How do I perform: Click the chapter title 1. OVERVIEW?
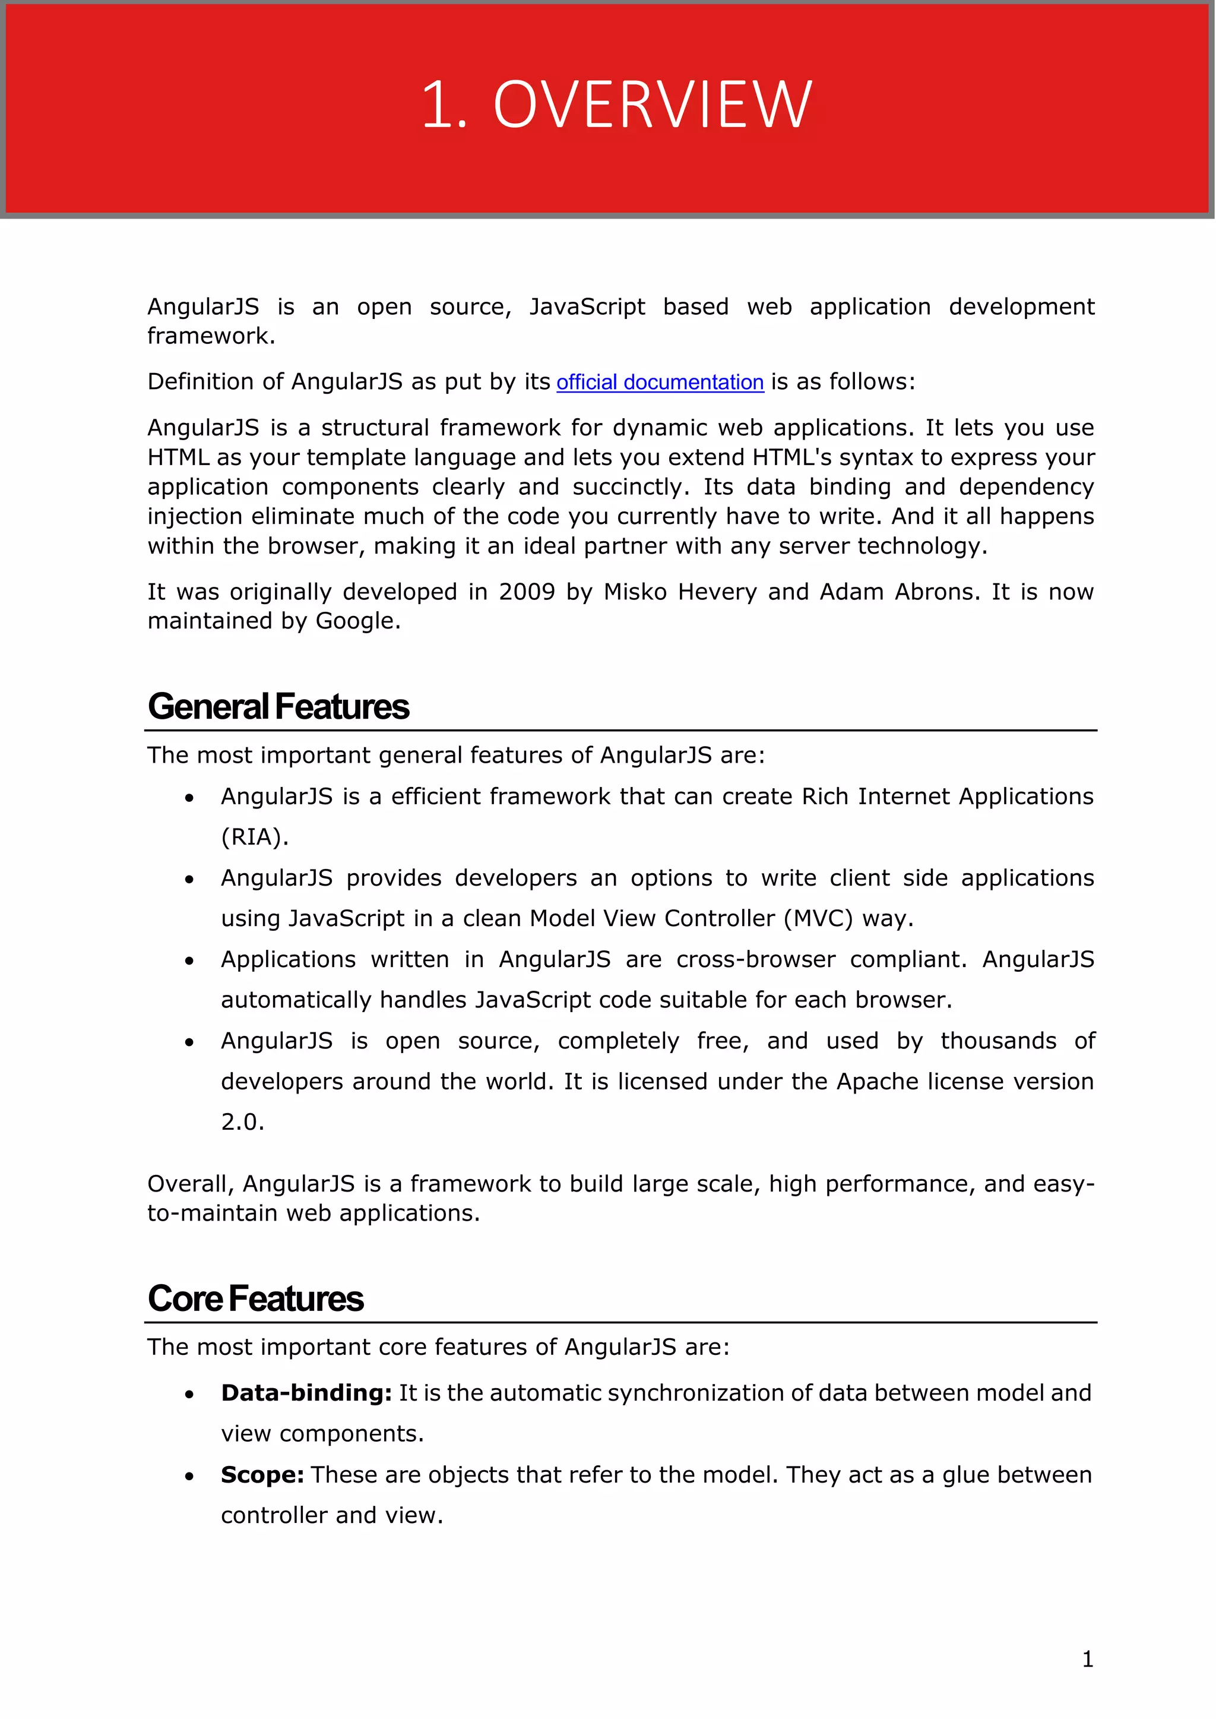616,105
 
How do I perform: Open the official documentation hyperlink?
659,382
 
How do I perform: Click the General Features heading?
278,707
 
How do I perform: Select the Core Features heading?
255,1299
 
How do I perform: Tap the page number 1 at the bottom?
1087,1659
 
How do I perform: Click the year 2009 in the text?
527,592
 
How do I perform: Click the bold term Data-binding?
306,1393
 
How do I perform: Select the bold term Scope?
262,1475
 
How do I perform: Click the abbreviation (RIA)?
255,837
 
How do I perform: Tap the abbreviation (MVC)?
818,918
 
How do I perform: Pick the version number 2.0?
242,1122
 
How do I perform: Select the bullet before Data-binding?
189,1395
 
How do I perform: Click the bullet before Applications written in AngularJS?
189,961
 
